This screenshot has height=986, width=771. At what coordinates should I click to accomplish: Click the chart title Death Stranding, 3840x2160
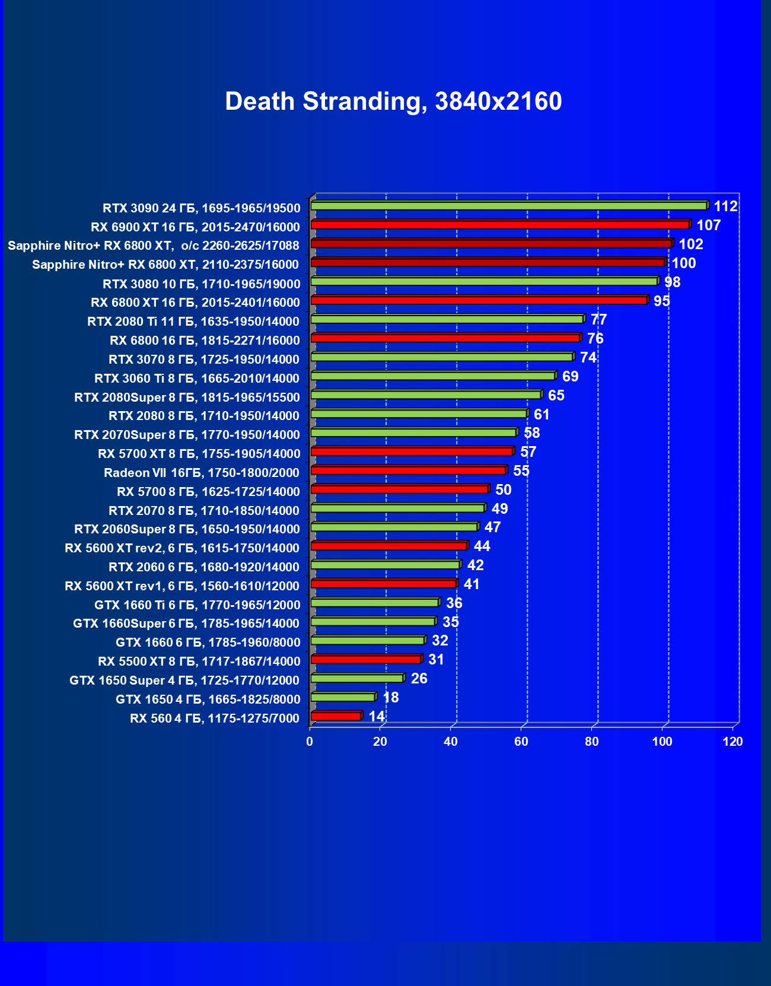393,101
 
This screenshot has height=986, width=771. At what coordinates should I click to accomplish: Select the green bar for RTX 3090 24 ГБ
509,206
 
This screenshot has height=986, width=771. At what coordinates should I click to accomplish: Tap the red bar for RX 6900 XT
500,225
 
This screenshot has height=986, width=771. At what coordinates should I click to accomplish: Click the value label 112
725,206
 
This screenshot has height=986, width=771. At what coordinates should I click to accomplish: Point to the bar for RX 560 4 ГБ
336,716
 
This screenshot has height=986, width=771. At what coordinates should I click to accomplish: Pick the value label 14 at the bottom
377,717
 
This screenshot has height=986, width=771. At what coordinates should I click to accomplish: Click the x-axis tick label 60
521,742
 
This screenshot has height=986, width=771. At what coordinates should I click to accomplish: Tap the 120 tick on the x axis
733,742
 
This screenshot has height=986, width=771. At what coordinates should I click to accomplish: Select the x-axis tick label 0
310,742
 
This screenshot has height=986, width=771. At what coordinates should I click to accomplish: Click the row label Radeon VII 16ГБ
201,473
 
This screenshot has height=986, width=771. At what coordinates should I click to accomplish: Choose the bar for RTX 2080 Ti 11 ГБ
447,319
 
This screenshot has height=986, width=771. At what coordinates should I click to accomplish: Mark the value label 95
661,301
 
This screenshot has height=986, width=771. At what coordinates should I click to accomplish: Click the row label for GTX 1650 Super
184,680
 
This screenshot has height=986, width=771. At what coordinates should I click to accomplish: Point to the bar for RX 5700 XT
412,451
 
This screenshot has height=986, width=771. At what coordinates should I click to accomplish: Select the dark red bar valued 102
491,244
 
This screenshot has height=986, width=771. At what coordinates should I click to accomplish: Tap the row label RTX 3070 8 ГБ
203,360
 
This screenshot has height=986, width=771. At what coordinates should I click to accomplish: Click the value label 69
570,377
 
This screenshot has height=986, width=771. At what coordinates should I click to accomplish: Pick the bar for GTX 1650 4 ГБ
343,697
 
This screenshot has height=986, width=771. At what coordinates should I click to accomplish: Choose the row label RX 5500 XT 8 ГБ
199,661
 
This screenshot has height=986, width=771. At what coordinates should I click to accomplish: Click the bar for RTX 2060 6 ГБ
385,565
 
